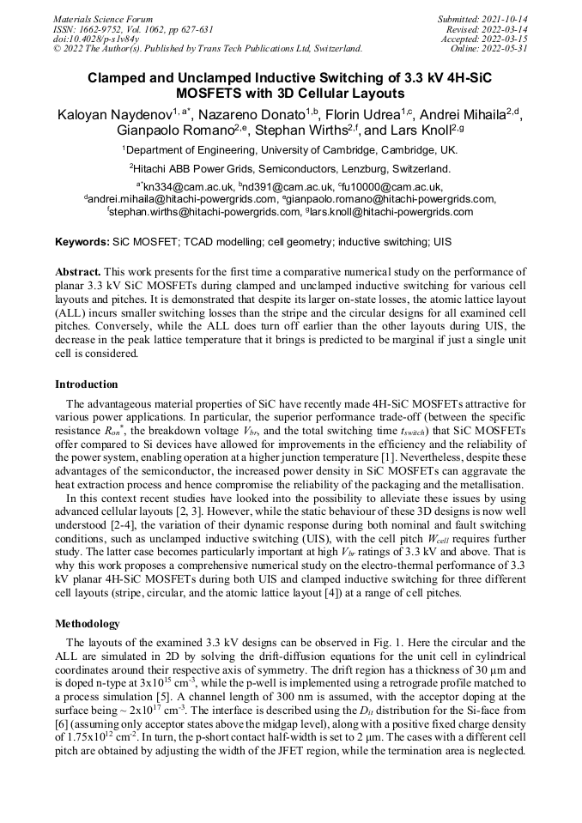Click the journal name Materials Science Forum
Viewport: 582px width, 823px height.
tap(103, 19)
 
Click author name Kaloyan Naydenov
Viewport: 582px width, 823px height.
tap(113, 114)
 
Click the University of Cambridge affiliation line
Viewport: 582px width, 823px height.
tap(290, 150)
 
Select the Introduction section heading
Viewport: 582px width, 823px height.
tap(87, 384)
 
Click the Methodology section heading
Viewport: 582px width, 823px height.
tap(88, 624)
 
